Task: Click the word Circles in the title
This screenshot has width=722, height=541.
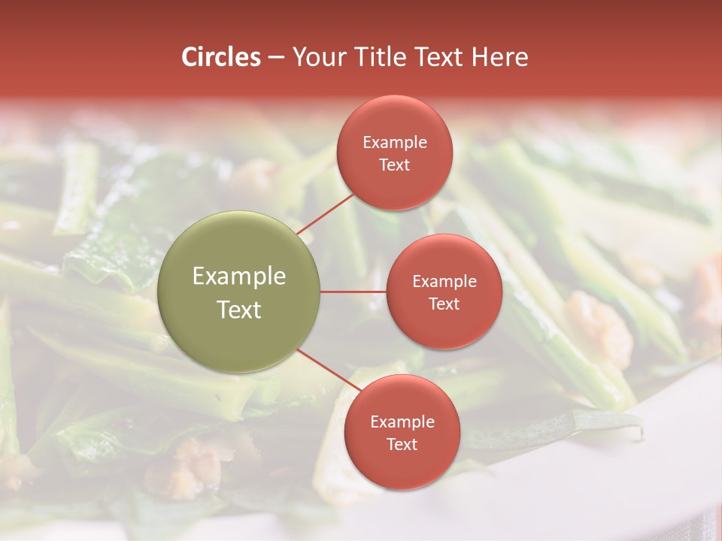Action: (x=220, y=57)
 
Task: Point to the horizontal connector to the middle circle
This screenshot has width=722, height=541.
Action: (x=353, y=292)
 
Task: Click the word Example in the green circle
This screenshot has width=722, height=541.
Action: (x=239, y=277)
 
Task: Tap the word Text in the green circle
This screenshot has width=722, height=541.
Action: (x=239, y=310)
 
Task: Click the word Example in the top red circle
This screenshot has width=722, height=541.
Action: (x=395, y=142)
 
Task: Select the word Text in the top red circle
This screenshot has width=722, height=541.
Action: (x=394, y=165)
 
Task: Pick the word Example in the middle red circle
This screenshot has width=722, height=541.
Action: (x=444, y=281)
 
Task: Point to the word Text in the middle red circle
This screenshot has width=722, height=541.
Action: (x=444, y=304)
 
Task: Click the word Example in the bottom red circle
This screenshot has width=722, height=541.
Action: (x=402, y=422)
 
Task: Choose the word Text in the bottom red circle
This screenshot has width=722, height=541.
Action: (x=402, y=444)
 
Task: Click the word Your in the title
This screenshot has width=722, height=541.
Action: (x=317, y=57)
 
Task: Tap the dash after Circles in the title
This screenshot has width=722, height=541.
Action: (x=276, y=58)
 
